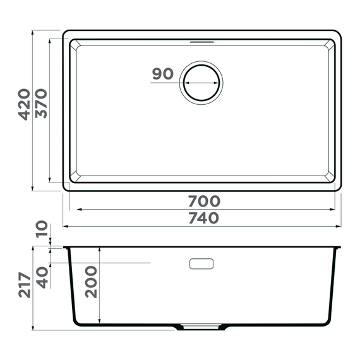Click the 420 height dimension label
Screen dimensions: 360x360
point(24,105)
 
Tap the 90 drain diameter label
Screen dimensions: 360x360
point(162,74)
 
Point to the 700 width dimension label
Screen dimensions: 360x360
point(203,201)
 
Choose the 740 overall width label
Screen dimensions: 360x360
point(203,218)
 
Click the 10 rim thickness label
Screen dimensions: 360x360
point(42,229)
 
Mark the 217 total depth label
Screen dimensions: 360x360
point(24,286)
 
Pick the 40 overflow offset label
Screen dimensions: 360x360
point(42,277)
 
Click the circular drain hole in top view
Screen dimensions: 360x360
point(201,83)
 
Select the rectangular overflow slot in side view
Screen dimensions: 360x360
point(201,263)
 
